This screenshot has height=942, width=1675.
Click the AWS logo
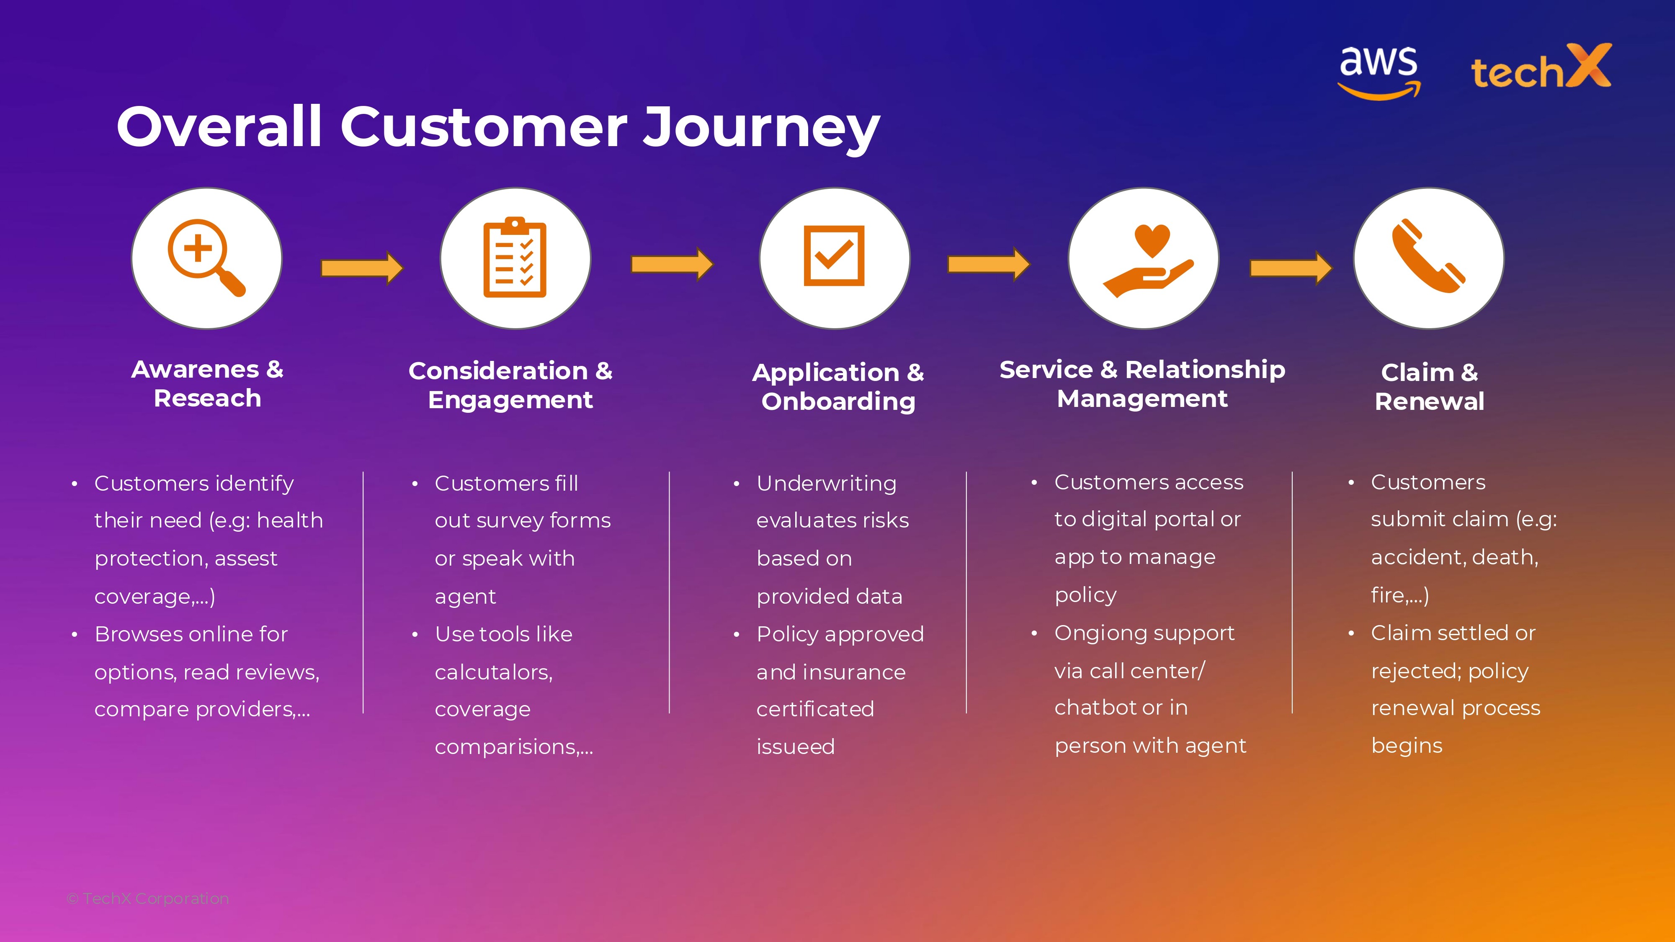point(1379,72)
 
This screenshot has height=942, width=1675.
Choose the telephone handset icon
point(1428,256)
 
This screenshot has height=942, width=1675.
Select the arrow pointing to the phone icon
point(1291,267)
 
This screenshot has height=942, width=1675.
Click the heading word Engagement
point(510,400)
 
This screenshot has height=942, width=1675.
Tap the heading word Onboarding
point(838,402)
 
